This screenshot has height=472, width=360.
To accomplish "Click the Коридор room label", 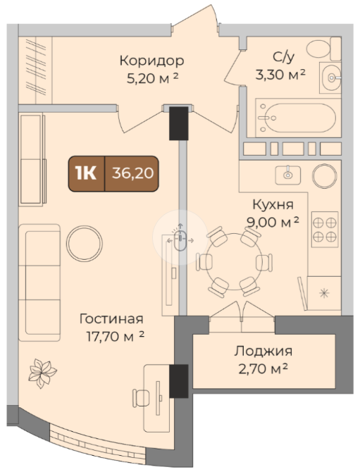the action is pyautogui.click(x=151, y=61).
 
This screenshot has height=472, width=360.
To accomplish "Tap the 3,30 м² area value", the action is pyautogui.click(x=280, y=74).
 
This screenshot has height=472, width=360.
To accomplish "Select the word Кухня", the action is pyautogui.click(x=273, y=204).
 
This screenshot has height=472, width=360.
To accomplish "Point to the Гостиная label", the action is pyautogui.click(x=111, y=318).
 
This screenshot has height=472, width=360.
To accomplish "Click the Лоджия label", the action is pyautogui.click(x=263, y=351).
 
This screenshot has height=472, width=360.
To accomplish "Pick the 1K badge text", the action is pyautogui.click(x=86, y=173).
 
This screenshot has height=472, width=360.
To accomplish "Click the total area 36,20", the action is pyautogui.click(x=132, y=173).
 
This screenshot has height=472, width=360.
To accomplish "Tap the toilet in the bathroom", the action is pyautogui.click(x=323, y=49).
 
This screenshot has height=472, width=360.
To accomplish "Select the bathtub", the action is pyautogui.click(x=298, y=118).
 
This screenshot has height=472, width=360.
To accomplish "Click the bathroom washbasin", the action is pyautogui.click(x=330, y=77).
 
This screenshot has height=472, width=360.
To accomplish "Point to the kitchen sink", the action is pyautogui.click(x=287, y=175).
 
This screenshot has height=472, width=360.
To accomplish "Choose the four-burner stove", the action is pyautogui.click(x=325, y=230).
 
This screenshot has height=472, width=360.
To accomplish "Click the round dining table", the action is pyautogui.click(x=234, y=261).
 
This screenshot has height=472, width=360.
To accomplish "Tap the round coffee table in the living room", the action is pyautogui.click(x=85, y=243).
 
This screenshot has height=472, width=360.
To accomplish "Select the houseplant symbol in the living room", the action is pyautogui.click(x=42, y=373).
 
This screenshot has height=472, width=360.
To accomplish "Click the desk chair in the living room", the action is pyautogui.click(x=141, y=398).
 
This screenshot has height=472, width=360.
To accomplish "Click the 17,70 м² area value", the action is pyautogui.click(x=116, y=336).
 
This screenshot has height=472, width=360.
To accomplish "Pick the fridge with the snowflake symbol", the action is pyautogui.click(x=324, y=293).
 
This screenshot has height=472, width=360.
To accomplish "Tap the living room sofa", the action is pyautogui.click(x=39, y=282).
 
